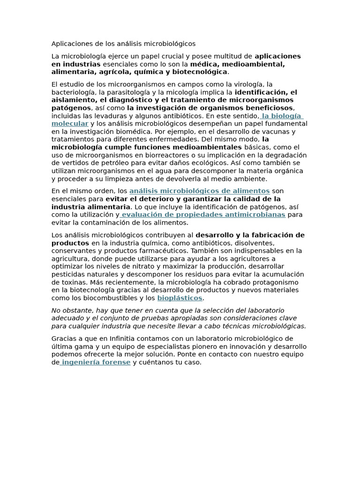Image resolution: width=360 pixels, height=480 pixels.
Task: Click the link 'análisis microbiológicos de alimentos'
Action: [x=199, y=191]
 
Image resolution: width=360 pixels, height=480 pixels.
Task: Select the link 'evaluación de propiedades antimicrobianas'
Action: [x=203, y=215]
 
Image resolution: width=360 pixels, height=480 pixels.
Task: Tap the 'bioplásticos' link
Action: [x=180, y=298]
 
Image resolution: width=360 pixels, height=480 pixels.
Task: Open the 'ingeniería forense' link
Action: [x=96, y=362]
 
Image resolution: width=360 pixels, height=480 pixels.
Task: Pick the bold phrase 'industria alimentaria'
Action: [x=90, y=207]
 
